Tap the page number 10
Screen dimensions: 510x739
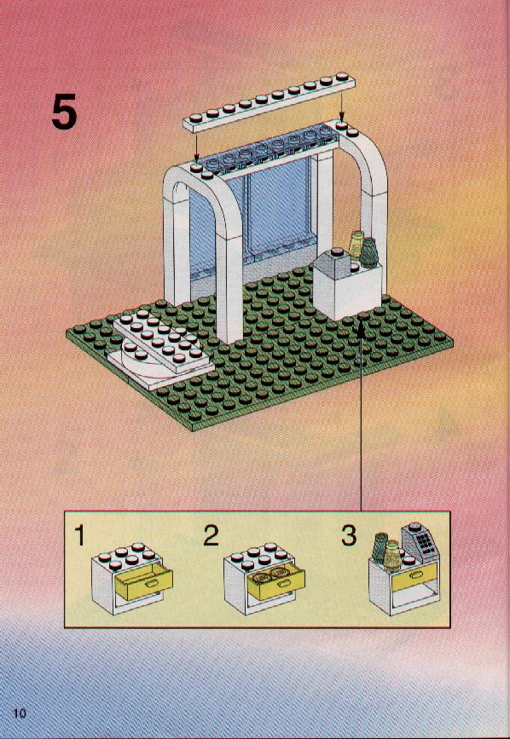click(20, 712)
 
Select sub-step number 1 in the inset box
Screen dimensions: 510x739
click(79, 535)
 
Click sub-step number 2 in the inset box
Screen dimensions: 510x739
click(211, 535)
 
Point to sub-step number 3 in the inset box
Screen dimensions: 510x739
click(349, 535)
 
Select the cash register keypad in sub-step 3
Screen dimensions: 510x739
click(426, 542)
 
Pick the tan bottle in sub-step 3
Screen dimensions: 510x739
click(391, 554)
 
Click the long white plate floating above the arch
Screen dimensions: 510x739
click(269, 102)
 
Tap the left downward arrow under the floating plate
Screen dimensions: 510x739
click(197, 146)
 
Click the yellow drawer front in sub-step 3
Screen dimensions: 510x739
click(414, 576)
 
